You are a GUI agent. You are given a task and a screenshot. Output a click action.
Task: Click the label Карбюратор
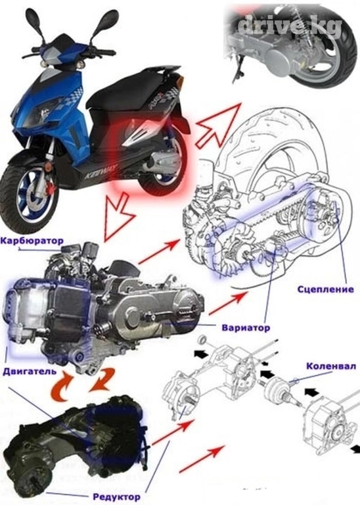click(x=32, y=241)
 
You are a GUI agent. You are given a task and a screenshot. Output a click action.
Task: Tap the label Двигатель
click(x=30, y=371)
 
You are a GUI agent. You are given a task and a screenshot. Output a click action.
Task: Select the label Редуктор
click(x=116, y=496)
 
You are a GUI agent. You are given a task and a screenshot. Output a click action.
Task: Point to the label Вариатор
click(x=246, y=328)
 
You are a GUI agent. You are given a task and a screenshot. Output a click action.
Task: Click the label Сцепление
click(x=325, y=289)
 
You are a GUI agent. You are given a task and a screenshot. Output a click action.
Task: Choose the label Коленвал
click(x=331, y=366)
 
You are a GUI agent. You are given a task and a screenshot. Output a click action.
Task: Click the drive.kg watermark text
click(x=290, y=26)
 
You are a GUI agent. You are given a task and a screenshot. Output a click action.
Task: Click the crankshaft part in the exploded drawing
click(x=281, y=391)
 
